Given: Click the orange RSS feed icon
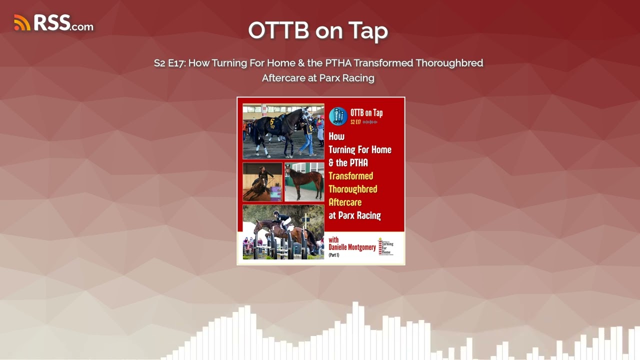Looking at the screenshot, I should coord(22,22).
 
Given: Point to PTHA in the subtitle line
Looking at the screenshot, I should coord(338,63).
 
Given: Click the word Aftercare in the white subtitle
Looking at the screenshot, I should coord(282,78).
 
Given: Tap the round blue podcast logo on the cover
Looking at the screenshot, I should coord(338,116).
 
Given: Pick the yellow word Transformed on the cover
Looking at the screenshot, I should coord(350,176).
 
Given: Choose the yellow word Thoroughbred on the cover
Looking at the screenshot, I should coord(352,189).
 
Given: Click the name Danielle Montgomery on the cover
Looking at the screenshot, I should coord(352,247).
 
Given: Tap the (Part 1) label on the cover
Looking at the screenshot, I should coord(334,255).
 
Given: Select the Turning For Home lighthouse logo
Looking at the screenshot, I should coord(385,246).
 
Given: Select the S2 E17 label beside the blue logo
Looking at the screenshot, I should coord(355,122).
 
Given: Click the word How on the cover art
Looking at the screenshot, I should coord(336,136).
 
